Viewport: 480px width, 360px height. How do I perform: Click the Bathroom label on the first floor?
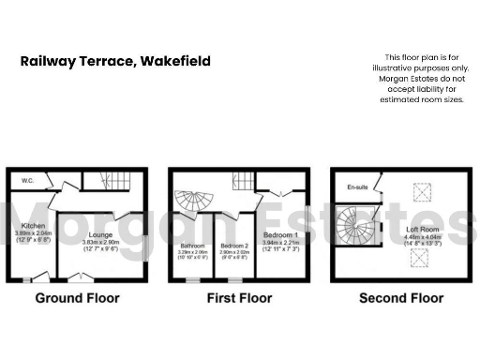(x=191, y=247)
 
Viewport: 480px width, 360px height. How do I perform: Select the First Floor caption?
(x=241, y=299)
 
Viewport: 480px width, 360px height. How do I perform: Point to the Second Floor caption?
(x=400, y=299)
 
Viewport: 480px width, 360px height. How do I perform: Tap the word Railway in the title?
(x=48, y=62)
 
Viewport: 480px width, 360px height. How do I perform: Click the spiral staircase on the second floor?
(x=357, y=227)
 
